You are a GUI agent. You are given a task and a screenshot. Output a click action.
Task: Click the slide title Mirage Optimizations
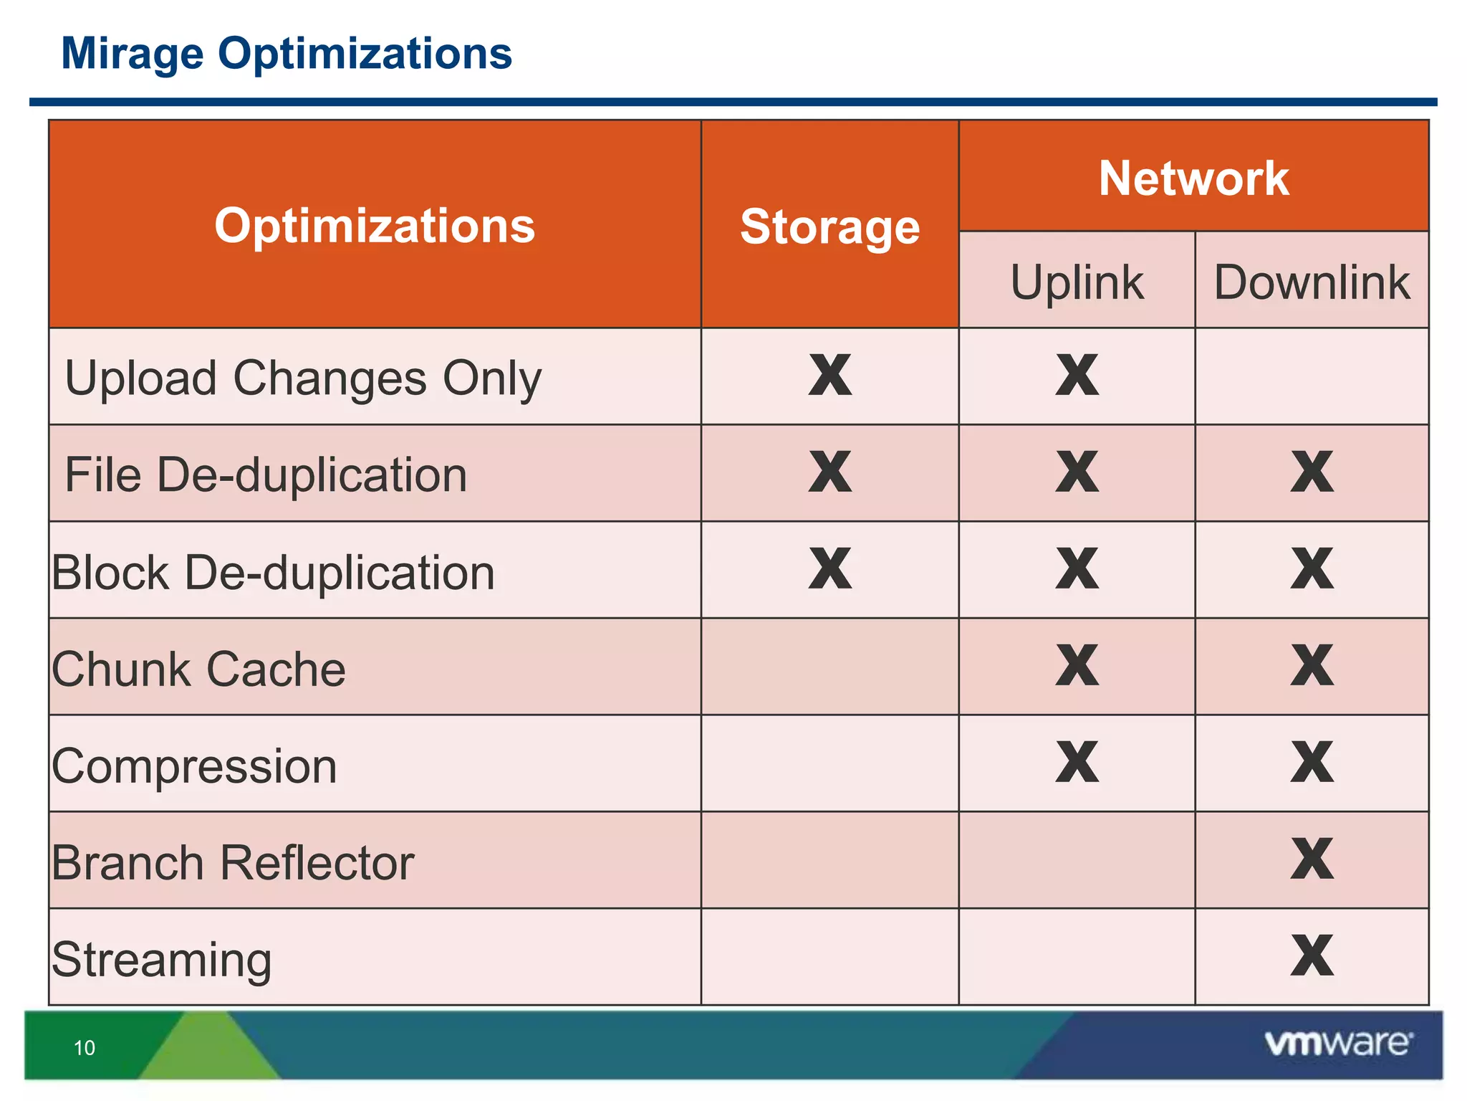[x=287, y=54]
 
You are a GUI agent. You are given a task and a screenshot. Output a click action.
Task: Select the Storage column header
[x=829, y=227]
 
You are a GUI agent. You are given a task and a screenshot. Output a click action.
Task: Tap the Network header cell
[x=1193, y=178]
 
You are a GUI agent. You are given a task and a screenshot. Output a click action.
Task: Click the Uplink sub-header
[x=1077, y=282]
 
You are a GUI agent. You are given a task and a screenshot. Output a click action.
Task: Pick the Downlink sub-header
[x=1312, y=282]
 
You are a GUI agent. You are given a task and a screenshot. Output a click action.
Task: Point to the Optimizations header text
[x=375, y=226]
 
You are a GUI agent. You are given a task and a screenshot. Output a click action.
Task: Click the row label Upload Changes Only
[x=303, y=378]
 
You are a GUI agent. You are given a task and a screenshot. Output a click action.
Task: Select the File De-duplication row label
[x=266, y=475]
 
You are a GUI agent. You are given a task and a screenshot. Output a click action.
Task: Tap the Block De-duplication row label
[x=273, y=572]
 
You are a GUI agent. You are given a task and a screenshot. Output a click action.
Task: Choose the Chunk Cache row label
[x=198, y=669]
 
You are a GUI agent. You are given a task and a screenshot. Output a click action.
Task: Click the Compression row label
[x=194, y=766]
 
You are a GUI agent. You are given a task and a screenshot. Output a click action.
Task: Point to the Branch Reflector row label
[x=233, y=862]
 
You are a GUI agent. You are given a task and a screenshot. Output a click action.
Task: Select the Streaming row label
[x=162, y=959]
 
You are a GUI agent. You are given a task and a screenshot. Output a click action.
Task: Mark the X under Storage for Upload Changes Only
[x=830, y=375]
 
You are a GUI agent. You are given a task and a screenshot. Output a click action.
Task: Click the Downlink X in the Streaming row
[x=1312, y=955]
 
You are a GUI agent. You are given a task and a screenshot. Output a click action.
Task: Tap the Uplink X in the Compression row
[x=1077, y=762]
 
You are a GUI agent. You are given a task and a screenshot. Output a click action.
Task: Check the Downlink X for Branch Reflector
[x=1312, y=859]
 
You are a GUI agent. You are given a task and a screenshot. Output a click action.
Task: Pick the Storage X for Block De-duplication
[x=830, y=568]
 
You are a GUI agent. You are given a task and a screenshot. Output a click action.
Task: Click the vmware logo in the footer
[x=1338, y=1044]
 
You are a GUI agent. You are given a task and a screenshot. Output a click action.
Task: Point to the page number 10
[x=85, y=1048]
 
